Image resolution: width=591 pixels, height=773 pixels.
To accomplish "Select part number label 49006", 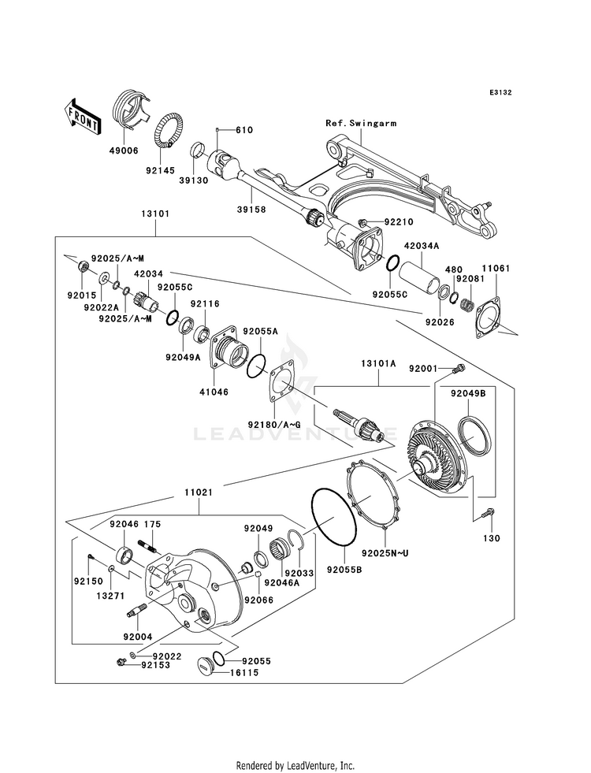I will [124, 150].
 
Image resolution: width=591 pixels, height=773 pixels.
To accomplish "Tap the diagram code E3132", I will [500, 93].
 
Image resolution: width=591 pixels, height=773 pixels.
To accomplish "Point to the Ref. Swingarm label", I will [362, 124].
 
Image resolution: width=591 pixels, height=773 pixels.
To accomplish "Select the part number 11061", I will [496, 268].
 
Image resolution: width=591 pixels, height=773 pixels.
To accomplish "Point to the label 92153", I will [157, 665].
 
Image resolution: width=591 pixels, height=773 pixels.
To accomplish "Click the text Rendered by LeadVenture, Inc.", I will [295, 765].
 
